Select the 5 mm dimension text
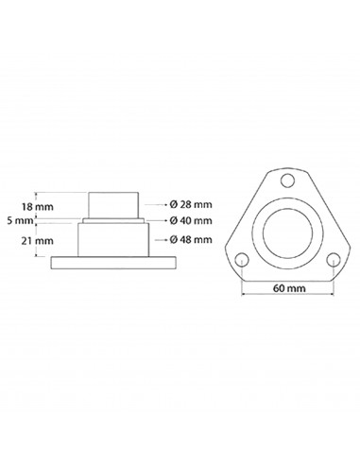pos(23,219)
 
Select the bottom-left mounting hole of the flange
pos(243,258)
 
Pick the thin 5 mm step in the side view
pos(113,219)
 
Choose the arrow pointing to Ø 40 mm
pos(156,219)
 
